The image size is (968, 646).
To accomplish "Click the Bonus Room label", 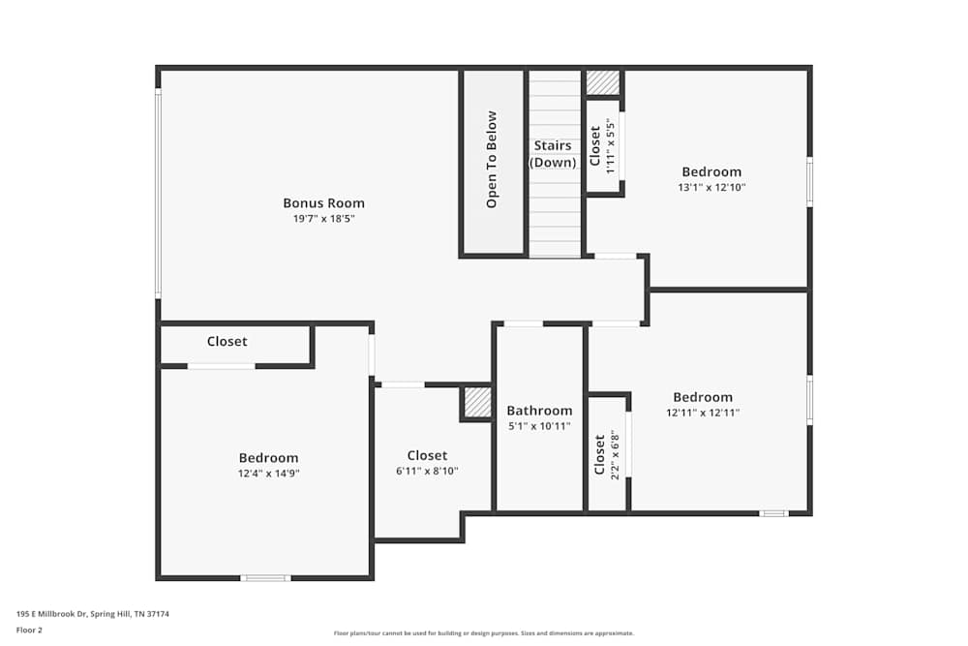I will (x=323, y=203).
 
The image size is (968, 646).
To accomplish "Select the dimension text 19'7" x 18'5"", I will (x=323, y=219).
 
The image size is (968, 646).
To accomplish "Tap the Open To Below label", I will (x=492, y=160).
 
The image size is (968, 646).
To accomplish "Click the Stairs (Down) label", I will (x=554, y=154).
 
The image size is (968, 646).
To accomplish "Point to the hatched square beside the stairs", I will (x=603, y=83).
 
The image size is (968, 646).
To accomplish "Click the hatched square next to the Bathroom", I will (x=477, y=402).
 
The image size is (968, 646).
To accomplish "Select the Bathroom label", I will (x=539, y=411).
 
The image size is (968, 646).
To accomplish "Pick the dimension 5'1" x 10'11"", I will (x=539, y=426).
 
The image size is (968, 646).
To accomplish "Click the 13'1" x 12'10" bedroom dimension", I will (x=711, y=187).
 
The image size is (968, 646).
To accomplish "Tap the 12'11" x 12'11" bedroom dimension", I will (x=703, y=413).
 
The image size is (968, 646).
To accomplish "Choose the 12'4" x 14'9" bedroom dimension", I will (x=268, y=474).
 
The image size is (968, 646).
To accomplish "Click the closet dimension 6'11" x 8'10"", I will (x=427, y=471).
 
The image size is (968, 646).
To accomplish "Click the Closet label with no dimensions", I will (x=227, y=342).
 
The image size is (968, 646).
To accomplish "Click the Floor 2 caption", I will (x=29, y=630).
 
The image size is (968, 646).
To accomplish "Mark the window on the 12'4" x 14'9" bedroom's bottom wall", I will (x=265, y=578).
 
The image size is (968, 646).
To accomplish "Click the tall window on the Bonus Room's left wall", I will (x=158, y=194).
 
